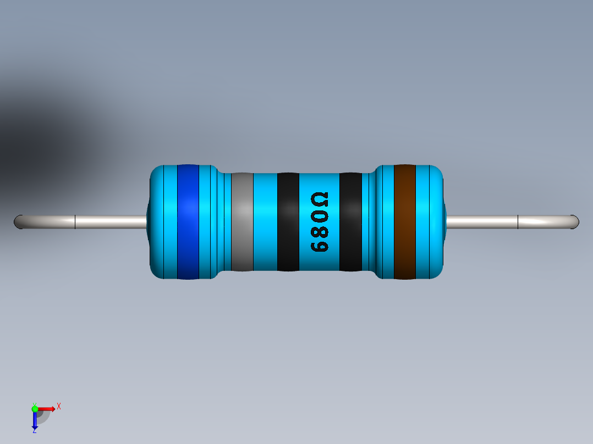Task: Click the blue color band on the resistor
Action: (x=188, y=221)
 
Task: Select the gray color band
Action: (x=242, y=221)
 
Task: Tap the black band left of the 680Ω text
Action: (x=288, y=221)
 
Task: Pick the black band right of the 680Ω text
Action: (x=350, y=221)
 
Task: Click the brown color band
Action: (x=404, y=221)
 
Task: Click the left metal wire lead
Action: (x=110, y=222)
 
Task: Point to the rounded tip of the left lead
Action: (x=18, y=222)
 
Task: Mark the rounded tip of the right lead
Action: (x=575, y=222)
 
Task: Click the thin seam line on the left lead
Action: (x=75, y=222)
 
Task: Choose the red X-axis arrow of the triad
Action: (x=47, y=408)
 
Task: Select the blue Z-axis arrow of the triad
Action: (x=35, y=420)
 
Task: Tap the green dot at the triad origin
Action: (x=35, y=408)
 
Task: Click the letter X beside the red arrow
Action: (x=58, y=406)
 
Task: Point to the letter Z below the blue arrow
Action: (x=34, y=431)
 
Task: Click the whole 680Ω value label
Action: (x=320, y=222)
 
